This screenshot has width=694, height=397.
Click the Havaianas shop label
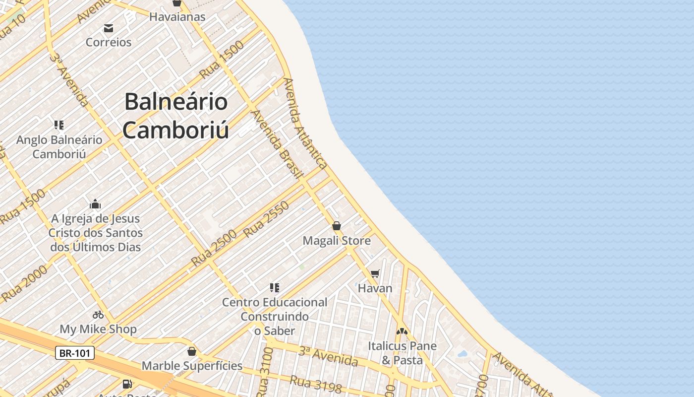[177, 17]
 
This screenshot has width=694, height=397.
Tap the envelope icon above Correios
[109, 28]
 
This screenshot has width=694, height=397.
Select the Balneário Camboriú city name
[175, 116]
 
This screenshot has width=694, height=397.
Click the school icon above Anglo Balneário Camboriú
[59, 125]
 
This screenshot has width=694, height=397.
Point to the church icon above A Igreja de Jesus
[95, 204]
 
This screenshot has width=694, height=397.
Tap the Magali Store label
[337, 241]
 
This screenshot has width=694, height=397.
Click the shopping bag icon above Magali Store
[337, 226]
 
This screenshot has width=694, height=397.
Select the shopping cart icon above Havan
[375, 273]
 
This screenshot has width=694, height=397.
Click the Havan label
[375, 288]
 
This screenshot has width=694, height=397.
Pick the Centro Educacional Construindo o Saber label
[275, 316]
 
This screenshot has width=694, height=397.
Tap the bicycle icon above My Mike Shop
[98, 314]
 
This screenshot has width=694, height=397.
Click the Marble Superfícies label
[192, 366]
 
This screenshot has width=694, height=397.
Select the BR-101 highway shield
[74, 353]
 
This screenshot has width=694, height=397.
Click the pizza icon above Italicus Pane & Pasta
[402, 331]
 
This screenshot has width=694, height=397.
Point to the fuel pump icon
[127, 384]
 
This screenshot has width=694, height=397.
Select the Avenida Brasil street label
[277, 144]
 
